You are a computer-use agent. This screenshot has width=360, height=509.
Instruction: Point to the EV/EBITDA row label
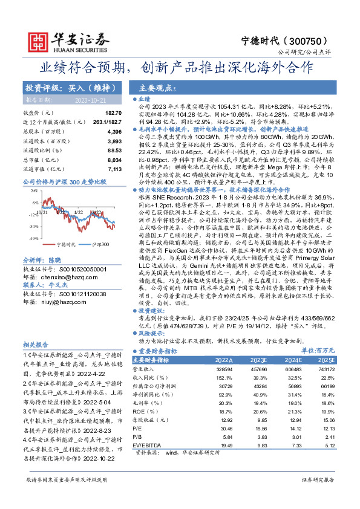(x=151, y=445)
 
